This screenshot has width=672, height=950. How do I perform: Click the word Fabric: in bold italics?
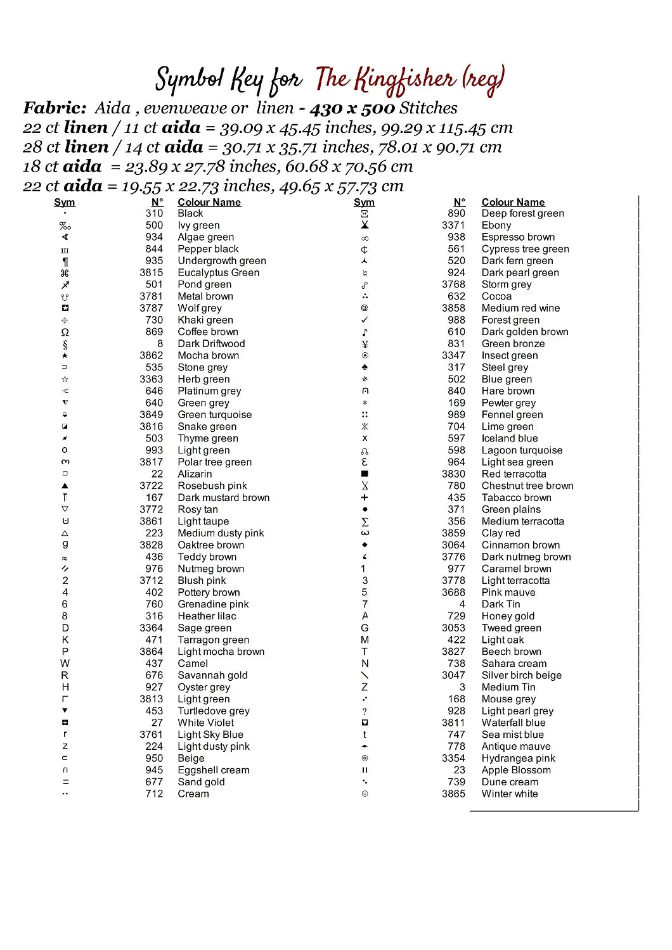tap(55, 108)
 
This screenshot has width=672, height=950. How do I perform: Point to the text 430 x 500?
tap(352, 108)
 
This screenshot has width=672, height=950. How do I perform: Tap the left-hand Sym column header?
tap(65, 202)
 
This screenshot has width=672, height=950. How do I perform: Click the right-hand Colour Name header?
tap(513, 202)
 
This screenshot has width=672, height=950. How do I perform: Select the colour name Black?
tap(190, 213)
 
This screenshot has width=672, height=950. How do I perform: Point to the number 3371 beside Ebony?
tap(453, 225)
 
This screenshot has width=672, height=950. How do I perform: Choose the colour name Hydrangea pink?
tap(518, 758)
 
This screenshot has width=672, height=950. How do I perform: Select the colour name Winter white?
tap(509, 794)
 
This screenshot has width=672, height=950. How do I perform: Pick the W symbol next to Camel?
tap(65, 663)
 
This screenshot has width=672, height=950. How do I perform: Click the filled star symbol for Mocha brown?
tap(65, 355)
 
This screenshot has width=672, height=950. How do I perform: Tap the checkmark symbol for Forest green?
tap(365, 320)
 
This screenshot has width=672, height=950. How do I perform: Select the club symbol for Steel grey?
tap(365, 367)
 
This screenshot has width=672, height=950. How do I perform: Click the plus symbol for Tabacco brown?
tap(365, 498)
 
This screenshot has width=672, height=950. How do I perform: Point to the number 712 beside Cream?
tap(154, 794)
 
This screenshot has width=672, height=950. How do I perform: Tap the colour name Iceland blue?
tap(509, 438)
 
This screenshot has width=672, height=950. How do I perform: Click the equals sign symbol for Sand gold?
tap(65, 782)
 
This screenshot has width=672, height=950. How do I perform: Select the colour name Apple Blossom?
tap(515, 770)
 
